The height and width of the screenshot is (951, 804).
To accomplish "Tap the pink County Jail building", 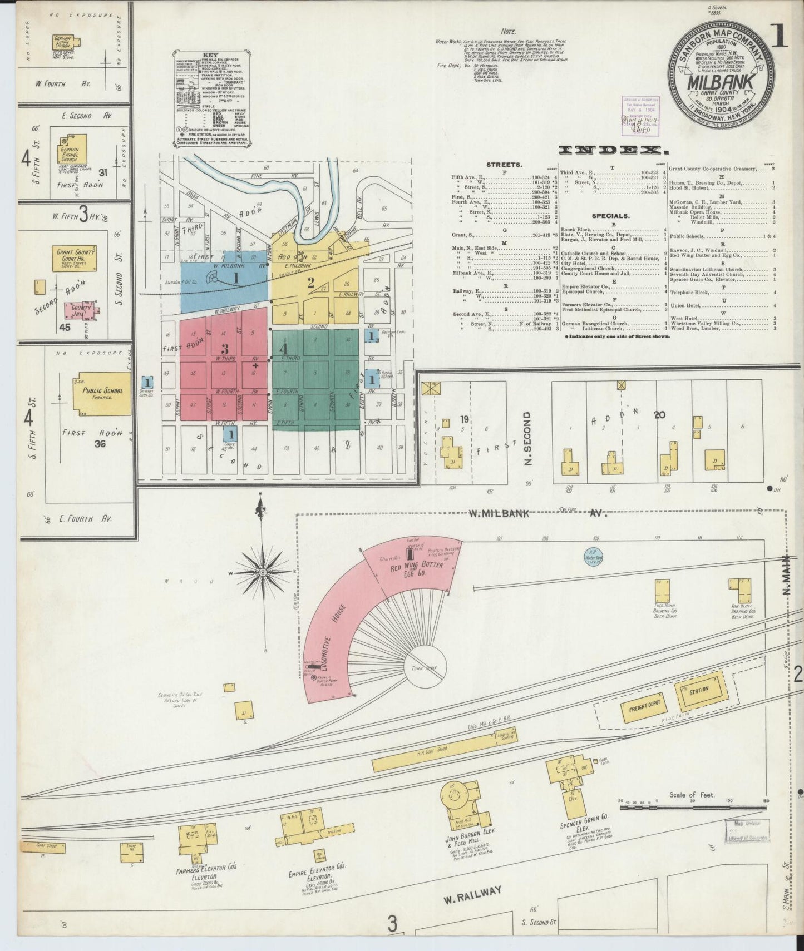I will pos(80,309).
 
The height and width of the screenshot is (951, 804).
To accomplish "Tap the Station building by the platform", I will pos(701,690).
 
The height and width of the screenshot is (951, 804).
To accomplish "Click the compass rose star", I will pos(263,572).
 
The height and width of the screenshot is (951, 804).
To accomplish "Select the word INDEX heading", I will pos(613,150).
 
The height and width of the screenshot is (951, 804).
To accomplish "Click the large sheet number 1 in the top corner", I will pos(779,36).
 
